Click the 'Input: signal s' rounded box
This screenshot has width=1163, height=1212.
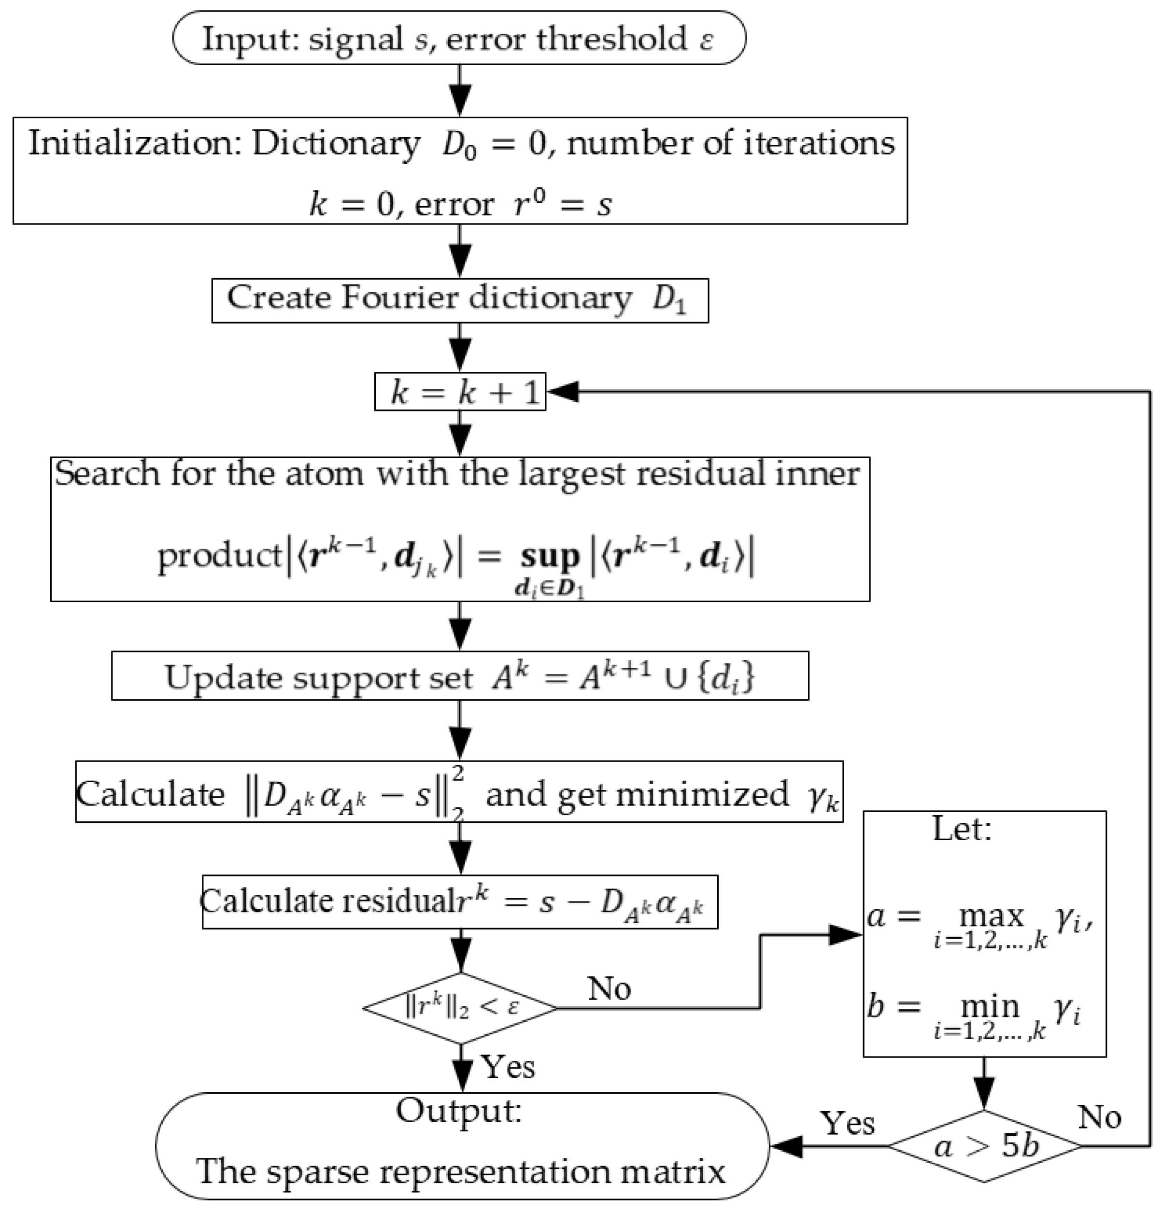(x=458, y=38)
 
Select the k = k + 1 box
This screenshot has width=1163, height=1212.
(x=460, y=392)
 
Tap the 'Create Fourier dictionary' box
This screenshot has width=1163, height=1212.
(x=460, y=300)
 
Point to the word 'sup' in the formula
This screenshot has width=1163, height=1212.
(x=549, y=557)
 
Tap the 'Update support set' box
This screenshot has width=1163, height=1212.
(x=460, y=676)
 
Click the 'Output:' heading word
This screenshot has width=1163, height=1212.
(x=458, y=1111)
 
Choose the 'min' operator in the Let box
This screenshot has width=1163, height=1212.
(x=989, y=1006)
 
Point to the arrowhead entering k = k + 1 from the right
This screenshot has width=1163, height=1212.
(x=563, y=392)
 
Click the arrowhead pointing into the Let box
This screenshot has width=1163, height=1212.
(x=846, y=935)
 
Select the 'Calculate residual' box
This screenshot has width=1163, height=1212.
(x=460, y=902)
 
